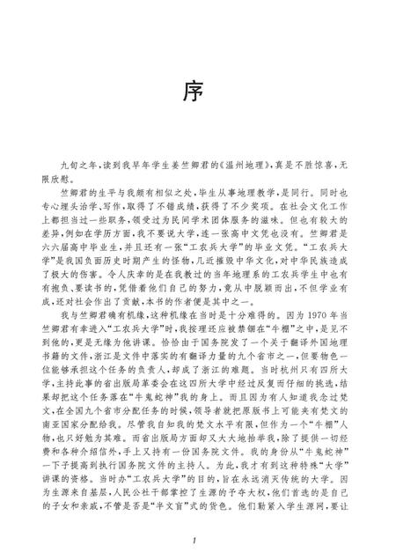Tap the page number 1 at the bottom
198,539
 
